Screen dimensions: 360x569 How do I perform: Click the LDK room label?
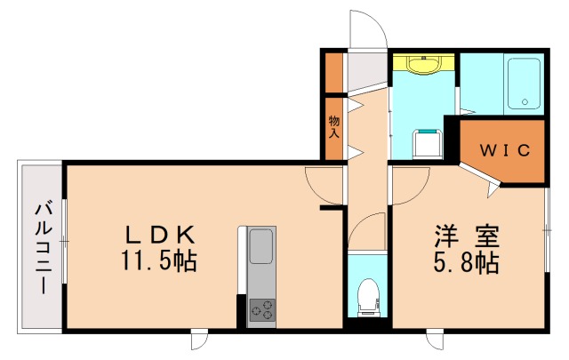pyautogui.click(x=160, y=236)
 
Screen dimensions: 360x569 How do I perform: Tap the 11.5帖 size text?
pyautogui.click(x=160, y=262)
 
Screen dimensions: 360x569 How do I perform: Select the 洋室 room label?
pyautogui.click(x=467, y=237)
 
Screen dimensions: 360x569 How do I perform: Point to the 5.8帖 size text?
pyautogui.click(x=467, y=264)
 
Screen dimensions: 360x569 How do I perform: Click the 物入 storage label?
pyautogui.click(x=334, y=127)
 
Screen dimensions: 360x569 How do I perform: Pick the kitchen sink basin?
pyautogui.click(x=261, y=245)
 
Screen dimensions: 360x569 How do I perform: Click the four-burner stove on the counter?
pyautogui.click(x=261, y=308)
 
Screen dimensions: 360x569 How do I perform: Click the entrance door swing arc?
pyautogui.click(x=367, y=31)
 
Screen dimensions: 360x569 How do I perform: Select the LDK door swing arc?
pyautogui.click(x=322, y=184)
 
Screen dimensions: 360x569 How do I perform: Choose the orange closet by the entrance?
pyautogui.click(x=334, y=75)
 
